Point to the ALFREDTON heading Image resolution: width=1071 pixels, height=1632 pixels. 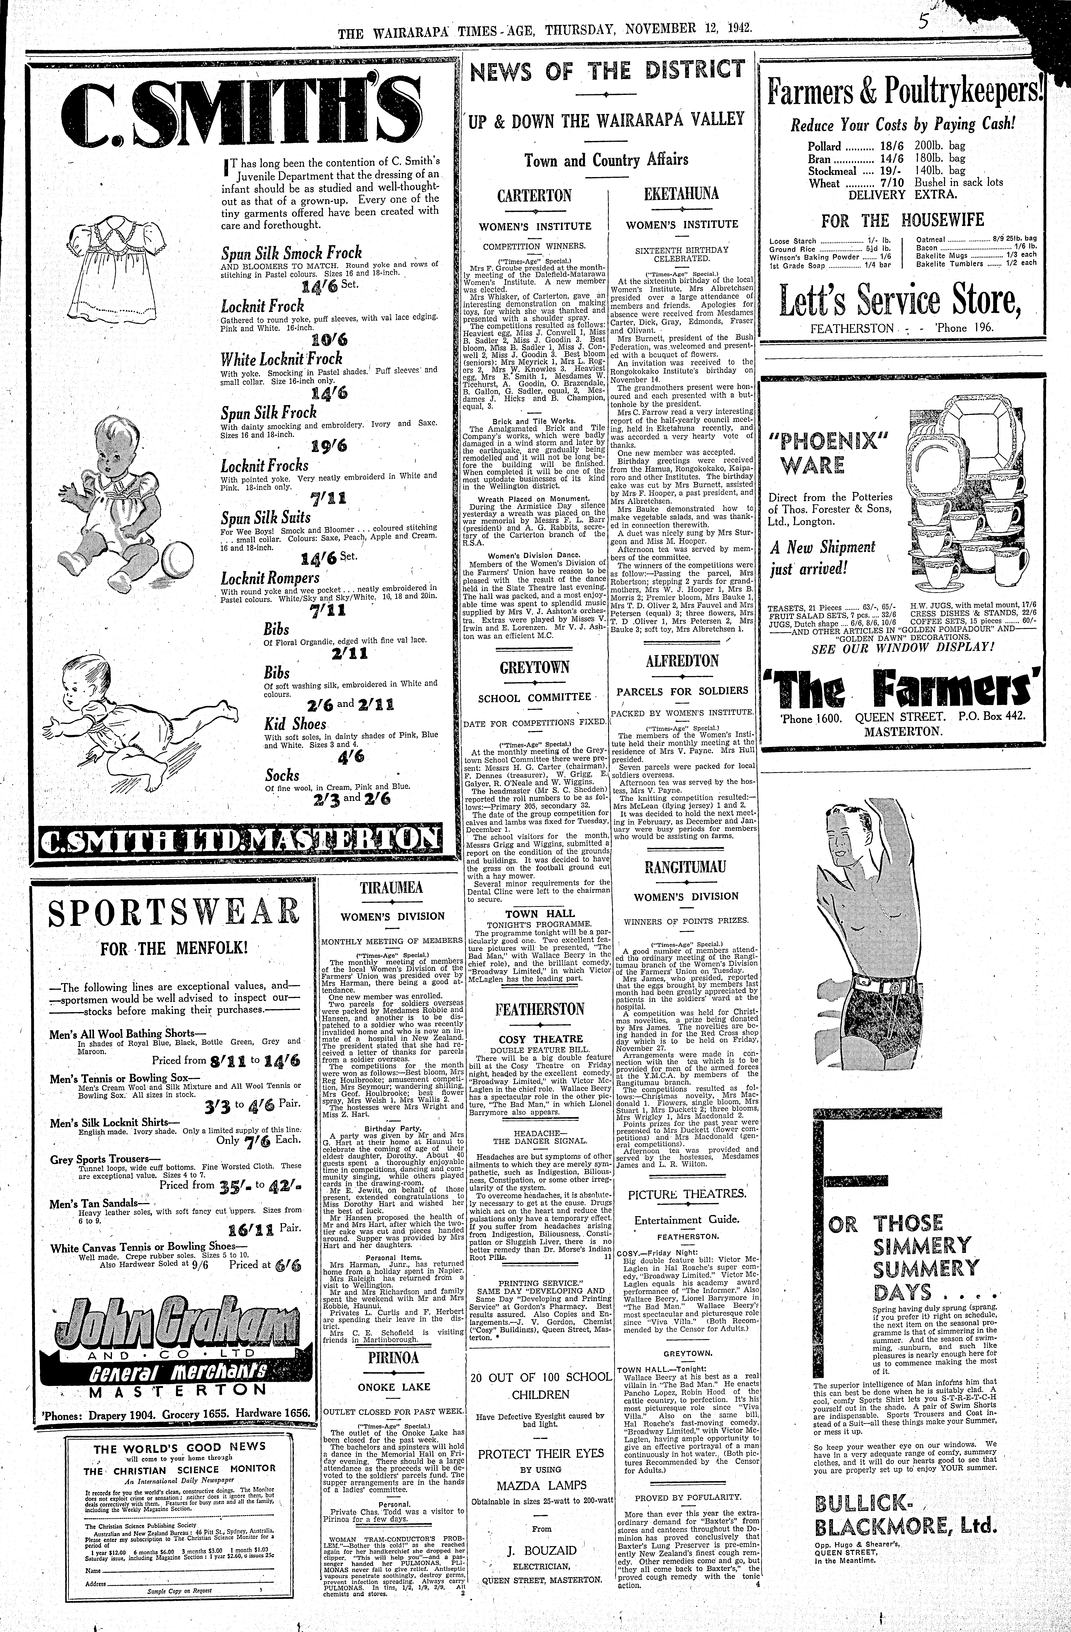pyautogui.click(x=682, y=661)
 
